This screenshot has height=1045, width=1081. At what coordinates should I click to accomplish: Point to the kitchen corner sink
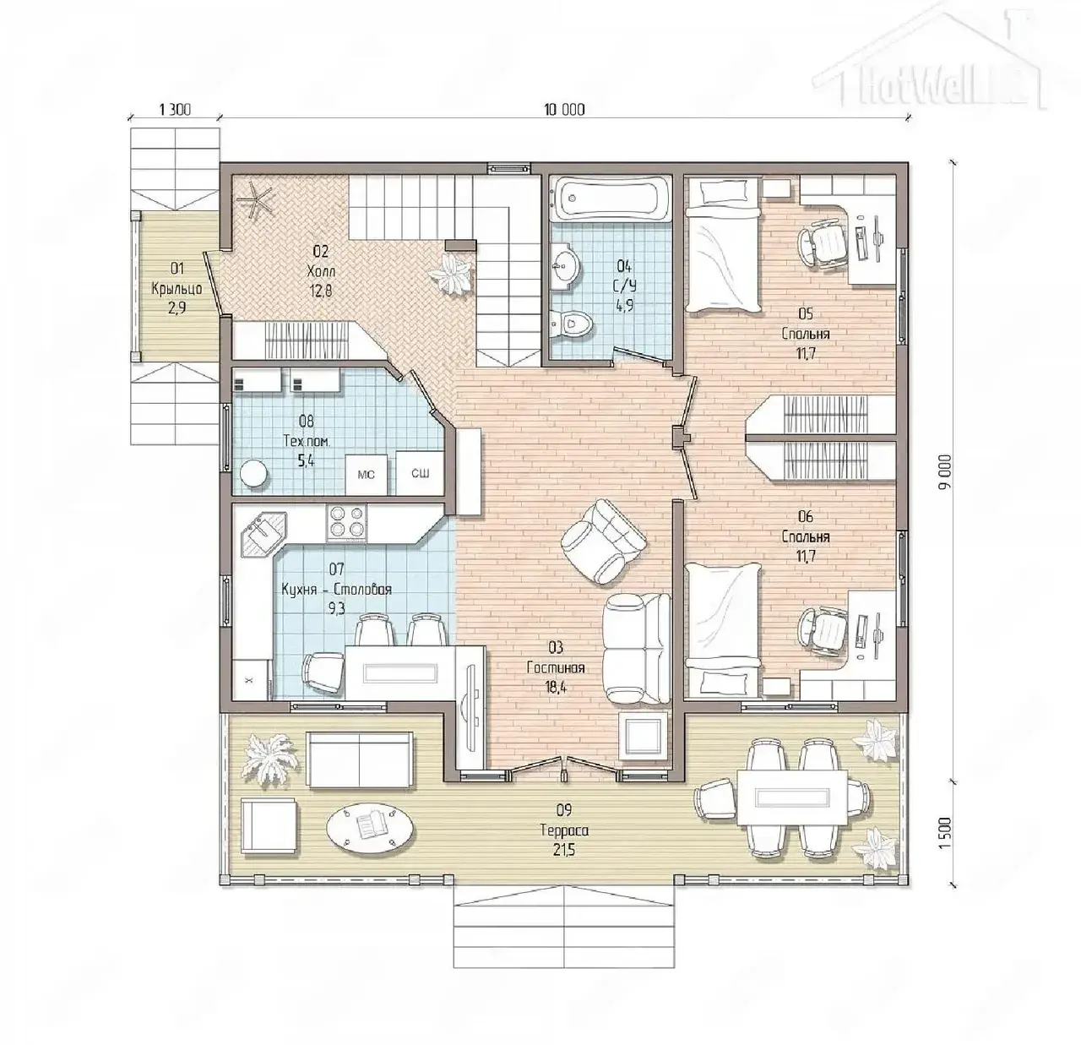265,534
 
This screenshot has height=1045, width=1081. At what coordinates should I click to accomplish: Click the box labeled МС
366,475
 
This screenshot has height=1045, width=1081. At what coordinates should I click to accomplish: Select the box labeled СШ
420,473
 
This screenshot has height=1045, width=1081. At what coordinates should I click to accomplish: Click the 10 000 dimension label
564,110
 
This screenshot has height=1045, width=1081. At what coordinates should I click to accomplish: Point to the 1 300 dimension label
175,110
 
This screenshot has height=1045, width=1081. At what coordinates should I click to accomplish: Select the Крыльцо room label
177,289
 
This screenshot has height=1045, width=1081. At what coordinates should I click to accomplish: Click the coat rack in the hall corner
254,200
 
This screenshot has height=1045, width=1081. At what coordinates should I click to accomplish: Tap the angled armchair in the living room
604,542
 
